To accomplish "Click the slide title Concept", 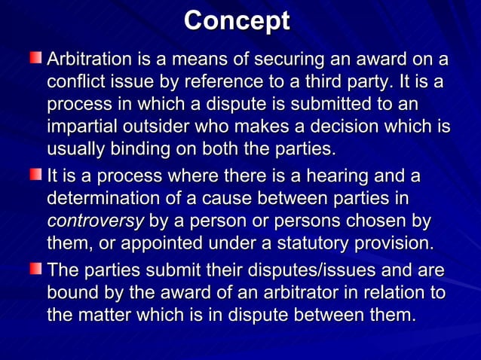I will coord(237,20).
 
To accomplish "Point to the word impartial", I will coord(81,127).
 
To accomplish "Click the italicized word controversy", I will coord(95,221).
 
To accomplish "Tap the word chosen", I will coord(389,221).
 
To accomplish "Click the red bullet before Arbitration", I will coord(35,57).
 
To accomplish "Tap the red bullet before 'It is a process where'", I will coord(35,175).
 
